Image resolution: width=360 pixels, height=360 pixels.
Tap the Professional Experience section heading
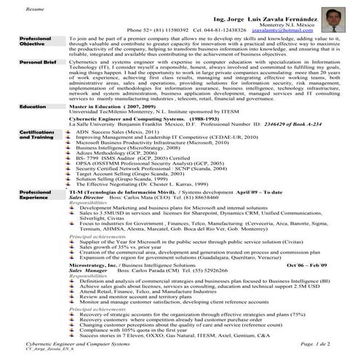coord(35,193)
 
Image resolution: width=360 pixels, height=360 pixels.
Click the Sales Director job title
coord(86,197)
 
